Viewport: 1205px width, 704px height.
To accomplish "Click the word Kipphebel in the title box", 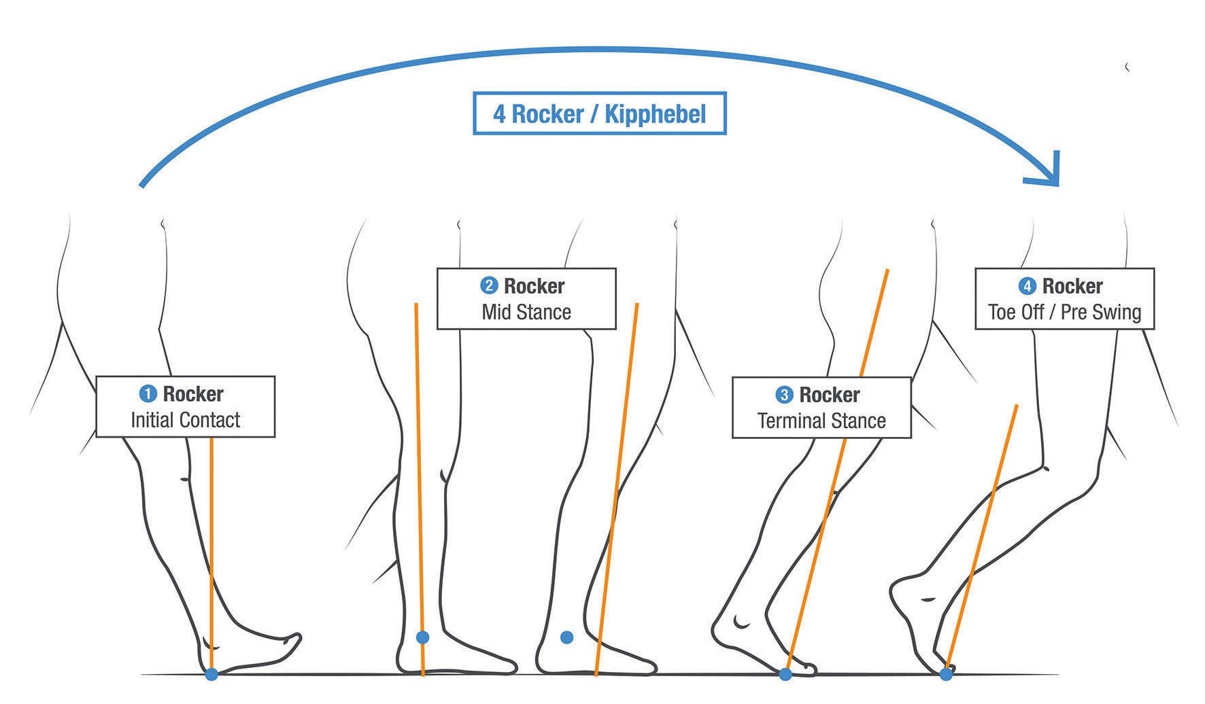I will pyautogui.click(x=655, y=114).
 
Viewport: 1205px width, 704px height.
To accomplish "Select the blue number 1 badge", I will pyautogui.click(x=148, y=394).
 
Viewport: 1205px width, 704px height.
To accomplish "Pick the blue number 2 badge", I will pyautogui.click(x=488, y=285).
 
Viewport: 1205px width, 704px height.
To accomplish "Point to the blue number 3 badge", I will pyautogui.click(x=784, y=395).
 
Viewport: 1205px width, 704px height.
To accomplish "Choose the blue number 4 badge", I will pyautogui.click(x=1027, y=286).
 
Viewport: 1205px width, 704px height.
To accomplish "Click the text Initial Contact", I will pyautogui.click(x=185, y=420).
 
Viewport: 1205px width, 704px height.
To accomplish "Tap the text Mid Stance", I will pyautogui.click(x=526, y=312).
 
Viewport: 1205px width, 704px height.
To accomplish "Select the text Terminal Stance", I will pyautogui.click(x=821, y=421).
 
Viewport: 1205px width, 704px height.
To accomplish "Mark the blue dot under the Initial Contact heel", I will pyautogui.click(x=211, y=674).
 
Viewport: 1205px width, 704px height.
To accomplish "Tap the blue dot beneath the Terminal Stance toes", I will pyautogui.click(x=785, y=674).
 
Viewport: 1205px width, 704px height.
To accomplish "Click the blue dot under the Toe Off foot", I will pyautogui.click(x=946, y=674).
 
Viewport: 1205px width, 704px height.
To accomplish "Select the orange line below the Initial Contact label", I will pyautogui.click(x=211, y=544).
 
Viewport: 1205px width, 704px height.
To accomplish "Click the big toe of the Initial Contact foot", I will pyautogui.click(x=294, y=641).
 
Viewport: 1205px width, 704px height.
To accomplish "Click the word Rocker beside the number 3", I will pyautogui.click(x=829, y=395).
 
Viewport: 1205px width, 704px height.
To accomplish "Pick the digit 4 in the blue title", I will pyautogui.click(x=499, y=114).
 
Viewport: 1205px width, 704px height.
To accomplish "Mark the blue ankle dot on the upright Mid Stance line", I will pyautogui.click(x=422, y=637).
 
